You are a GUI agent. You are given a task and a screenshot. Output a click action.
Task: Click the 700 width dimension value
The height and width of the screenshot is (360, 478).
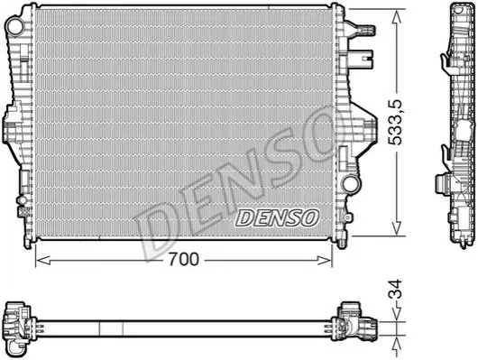[x=184, y=260]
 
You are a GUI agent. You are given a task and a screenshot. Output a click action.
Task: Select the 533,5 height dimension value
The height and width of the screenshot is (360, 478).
[x=396, y=122]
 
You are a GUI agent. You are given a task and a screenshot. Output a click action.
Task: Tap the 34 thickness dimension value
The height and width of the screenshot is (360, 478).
[x=396, y=290]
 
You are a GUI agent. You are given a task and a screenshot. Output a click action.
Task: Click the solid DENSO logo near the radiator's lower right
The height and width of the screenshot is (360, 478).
[x=278, y=217]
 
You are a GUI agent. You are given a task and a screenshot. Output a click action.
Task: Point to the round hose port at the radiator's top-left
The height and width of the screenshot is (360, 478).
[x=14, y=26]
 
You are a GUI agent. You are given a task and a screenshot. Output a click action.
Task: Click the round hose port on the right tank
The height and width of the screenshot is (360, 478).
[x=350, y=184]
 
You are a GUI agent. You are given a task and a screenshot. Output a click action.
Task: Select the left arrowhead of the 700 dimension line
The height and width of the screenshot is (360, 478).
[x=42, y=261]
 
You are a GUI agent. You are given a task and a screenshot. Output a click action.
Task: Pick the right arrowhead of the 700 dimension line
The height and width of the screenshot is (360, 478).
[x=325, y=261]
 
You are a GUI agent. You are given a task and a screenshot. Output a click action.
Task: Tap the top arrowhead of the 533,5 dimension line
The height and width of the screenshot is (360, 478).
[x=397, y=18]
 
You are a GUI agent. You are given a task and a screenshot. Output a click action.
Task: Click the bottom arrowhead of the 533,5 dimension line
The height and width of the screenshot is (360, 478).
[x=397, y=228]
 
